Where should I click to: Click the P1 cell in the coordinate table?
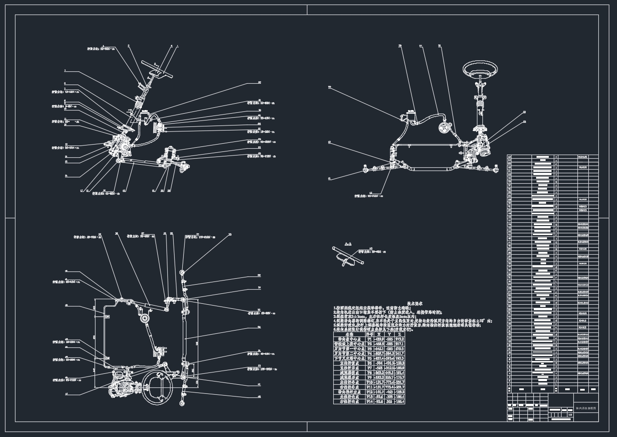coord(369,339)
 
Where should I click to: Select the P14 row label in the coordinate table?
coord(369,402)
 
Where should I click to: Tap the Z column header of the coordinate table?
coord(400,334)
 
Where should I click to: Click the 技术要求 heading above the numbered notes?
coord(415,303)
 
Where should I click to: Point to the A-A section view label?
coord(349,245)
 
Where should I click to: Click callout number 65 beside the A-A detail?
coord(371,249)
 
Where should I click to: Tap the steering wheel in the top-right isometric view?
coord(480,70)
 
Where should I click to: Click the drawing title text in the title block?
coord(585,409)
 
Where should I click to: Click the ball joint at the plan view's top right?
coord(183,272)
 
